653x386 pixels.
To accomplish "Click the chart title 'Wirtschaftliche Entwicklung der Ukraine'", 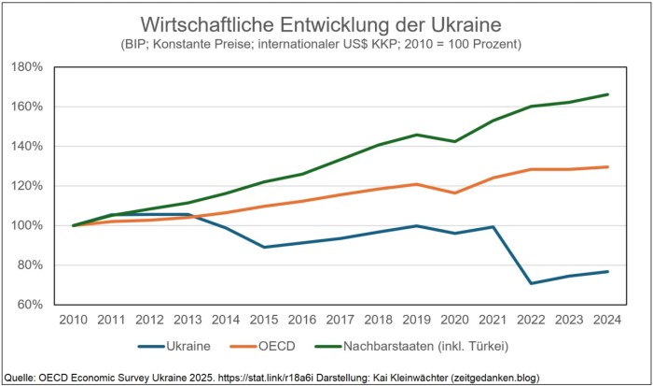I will [x=326, y=22].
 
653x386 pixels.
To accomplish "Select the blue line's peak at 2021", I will [x=492, y=226].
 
